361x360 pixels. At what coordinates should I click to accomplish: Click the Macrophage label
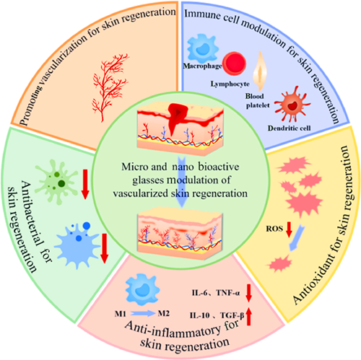click(202, 66)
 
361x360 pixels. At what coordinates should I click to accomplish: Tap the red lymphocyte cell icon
click(234, 63)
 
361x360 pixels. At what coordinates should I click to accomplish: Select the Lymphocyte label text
click(230, 84)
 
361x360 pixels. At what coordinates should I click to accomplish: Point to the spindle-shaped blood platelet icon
click(260, 71)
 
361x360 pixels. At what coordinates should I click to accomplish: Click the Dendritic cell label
click(289, 128)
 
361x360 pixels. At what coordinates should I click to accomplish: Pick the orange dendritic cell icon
click(292, 105)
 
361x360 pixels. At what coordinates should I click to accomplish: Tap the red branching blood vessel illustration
click(110, 87)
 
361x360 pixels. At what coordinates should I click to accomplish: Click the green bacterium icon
click(56, 182)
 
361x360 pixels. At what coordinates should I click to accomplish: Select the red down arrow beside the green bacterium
click(85, 185)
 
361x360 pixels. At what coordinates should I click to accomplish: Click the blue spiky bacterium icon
click(77, 245)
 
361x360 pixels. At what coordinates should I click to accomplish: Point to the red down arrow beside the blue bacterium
click(105, 248)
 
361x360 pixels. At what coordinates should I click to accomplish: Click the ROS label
click(274, 229)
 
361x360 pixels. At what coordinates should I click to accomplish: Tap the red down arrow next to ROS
click(289, 229)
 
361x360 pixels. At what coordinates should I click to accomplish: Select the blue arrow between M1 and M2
click(143, 313)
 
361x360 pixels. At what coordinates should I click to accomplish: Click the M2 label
click(164, 313)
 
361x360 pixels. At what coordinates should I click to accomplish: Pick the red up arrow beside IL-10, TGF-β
click(249, 317)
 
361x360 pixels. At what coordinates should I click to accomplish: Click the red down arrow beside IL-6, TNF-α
click(248, 293)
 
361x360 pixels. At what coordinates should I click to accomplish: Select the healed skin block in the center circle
click(180, 233)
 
